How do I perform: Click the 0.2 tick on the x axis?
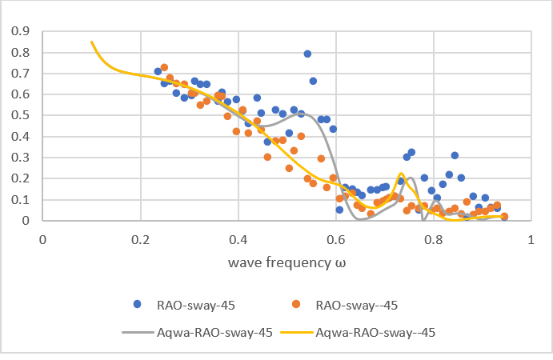tap(141, 239)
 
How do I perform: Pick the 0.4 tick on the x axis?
tap(238, 239)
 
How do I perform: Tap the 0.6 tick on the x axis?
tap(336, 239)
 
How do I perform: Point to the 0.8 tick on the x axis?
tap(434, 239)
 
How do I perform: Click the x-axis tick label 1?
tap(531, 239)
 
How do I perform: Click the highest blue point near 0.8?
tap(307, 54)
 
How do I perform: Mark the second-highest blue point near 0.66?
tap(313, 81)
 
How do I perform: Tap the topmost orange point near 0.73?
tap(164, 67)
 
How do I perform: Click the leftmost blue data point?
tap(158, 71)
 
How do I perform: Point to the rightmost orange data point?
tap(504, 216)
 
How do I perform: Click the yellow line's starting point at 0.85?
tap(92, 42)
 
